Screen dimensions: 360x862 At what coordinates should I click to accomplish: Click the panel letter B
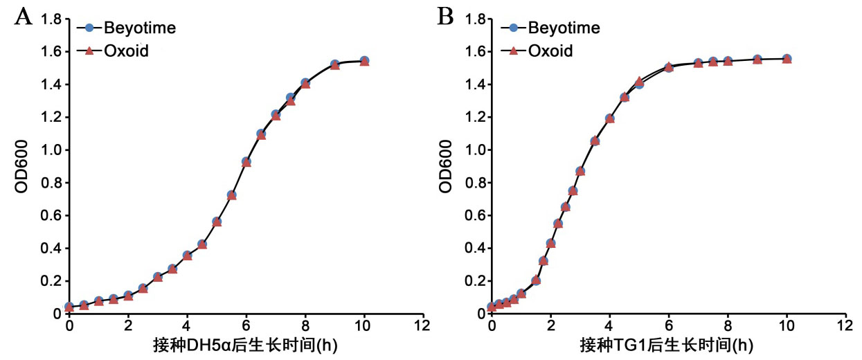click(x=445, y=17)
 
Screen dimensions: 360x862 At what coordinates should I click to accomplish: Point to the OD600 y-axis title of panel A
click(x=23, y=166)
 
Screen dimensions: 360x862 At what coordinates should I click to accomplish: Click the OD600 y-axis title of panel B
click(x=447, y=166)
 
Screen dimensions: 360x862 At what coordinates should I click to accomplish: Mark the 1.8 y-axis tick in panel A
click(x=51, y=19)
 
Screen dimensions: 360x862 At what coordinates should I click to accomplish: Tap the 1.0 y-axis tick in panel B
click(x=474, y=150)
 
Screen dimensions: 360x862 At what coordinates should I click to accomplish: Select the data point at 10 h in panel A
click(x=364, y=61)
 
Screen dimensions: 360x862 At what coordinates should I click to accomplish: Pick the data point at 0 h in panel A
click(x=69, y=307)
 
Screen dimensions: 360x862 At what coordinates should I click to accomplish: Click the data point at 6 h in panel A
click(x=246, y=162)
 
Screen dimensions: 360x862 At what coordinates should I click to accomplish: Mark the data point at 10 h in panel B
click(x=787, y=59)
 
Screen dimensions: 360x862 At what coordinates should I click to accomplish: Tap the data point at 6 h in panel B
click(x=669, y=67)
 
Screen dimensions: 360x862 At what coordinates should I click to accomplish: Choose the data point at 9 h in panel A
click(x=334, y=64)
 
